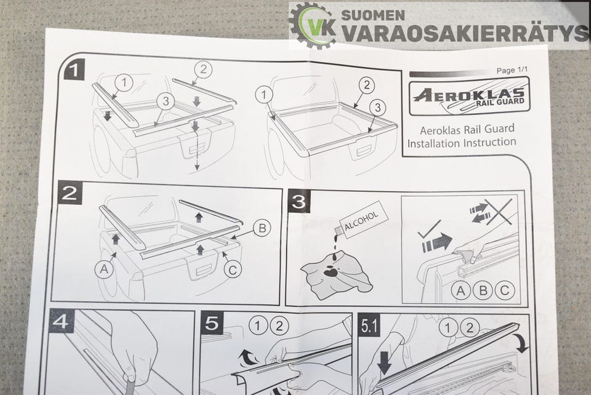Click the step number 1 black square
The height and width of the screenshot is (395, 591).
pos(74,70)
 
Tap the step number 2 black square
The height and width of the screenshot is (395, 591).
pos(70,193)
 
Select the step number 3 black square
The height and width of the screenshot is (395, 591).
pos(299,201)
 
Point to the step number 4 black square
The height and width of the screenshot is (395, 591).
pos(61,321)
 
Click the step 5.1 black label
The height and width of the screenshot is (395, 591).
pos(369,325)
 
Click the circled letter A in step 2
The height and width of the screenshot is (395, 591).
pos(105,269)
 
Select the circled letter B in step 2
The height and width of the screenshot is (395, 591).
pos(262,228)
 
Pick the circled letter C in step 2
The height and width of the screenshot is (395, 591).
pos(233,269)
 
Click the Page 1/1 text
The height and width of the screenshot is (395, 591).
pos(512,70)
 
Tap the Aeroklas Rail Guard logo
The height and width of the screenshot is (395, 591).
pos(469,96)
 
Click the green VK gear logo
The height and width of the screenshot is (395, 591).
pos(313,25)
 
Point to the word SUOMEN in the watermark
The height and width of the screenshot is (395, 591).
pos(373,15)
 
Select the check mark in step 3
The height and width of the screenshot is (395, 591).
pos(429,228)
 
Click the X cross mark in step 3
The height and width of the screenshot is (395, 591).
pos(498,212)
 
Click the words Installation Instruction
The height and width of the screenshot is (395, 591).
pos(462,143)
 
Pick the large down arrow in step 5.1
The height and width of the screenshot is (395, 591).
pos(384,362)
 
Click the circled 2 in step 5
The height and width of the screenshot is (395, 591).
pos(279,325)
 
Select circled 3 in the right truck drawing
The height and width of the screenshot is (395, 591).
pos(377,108)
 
